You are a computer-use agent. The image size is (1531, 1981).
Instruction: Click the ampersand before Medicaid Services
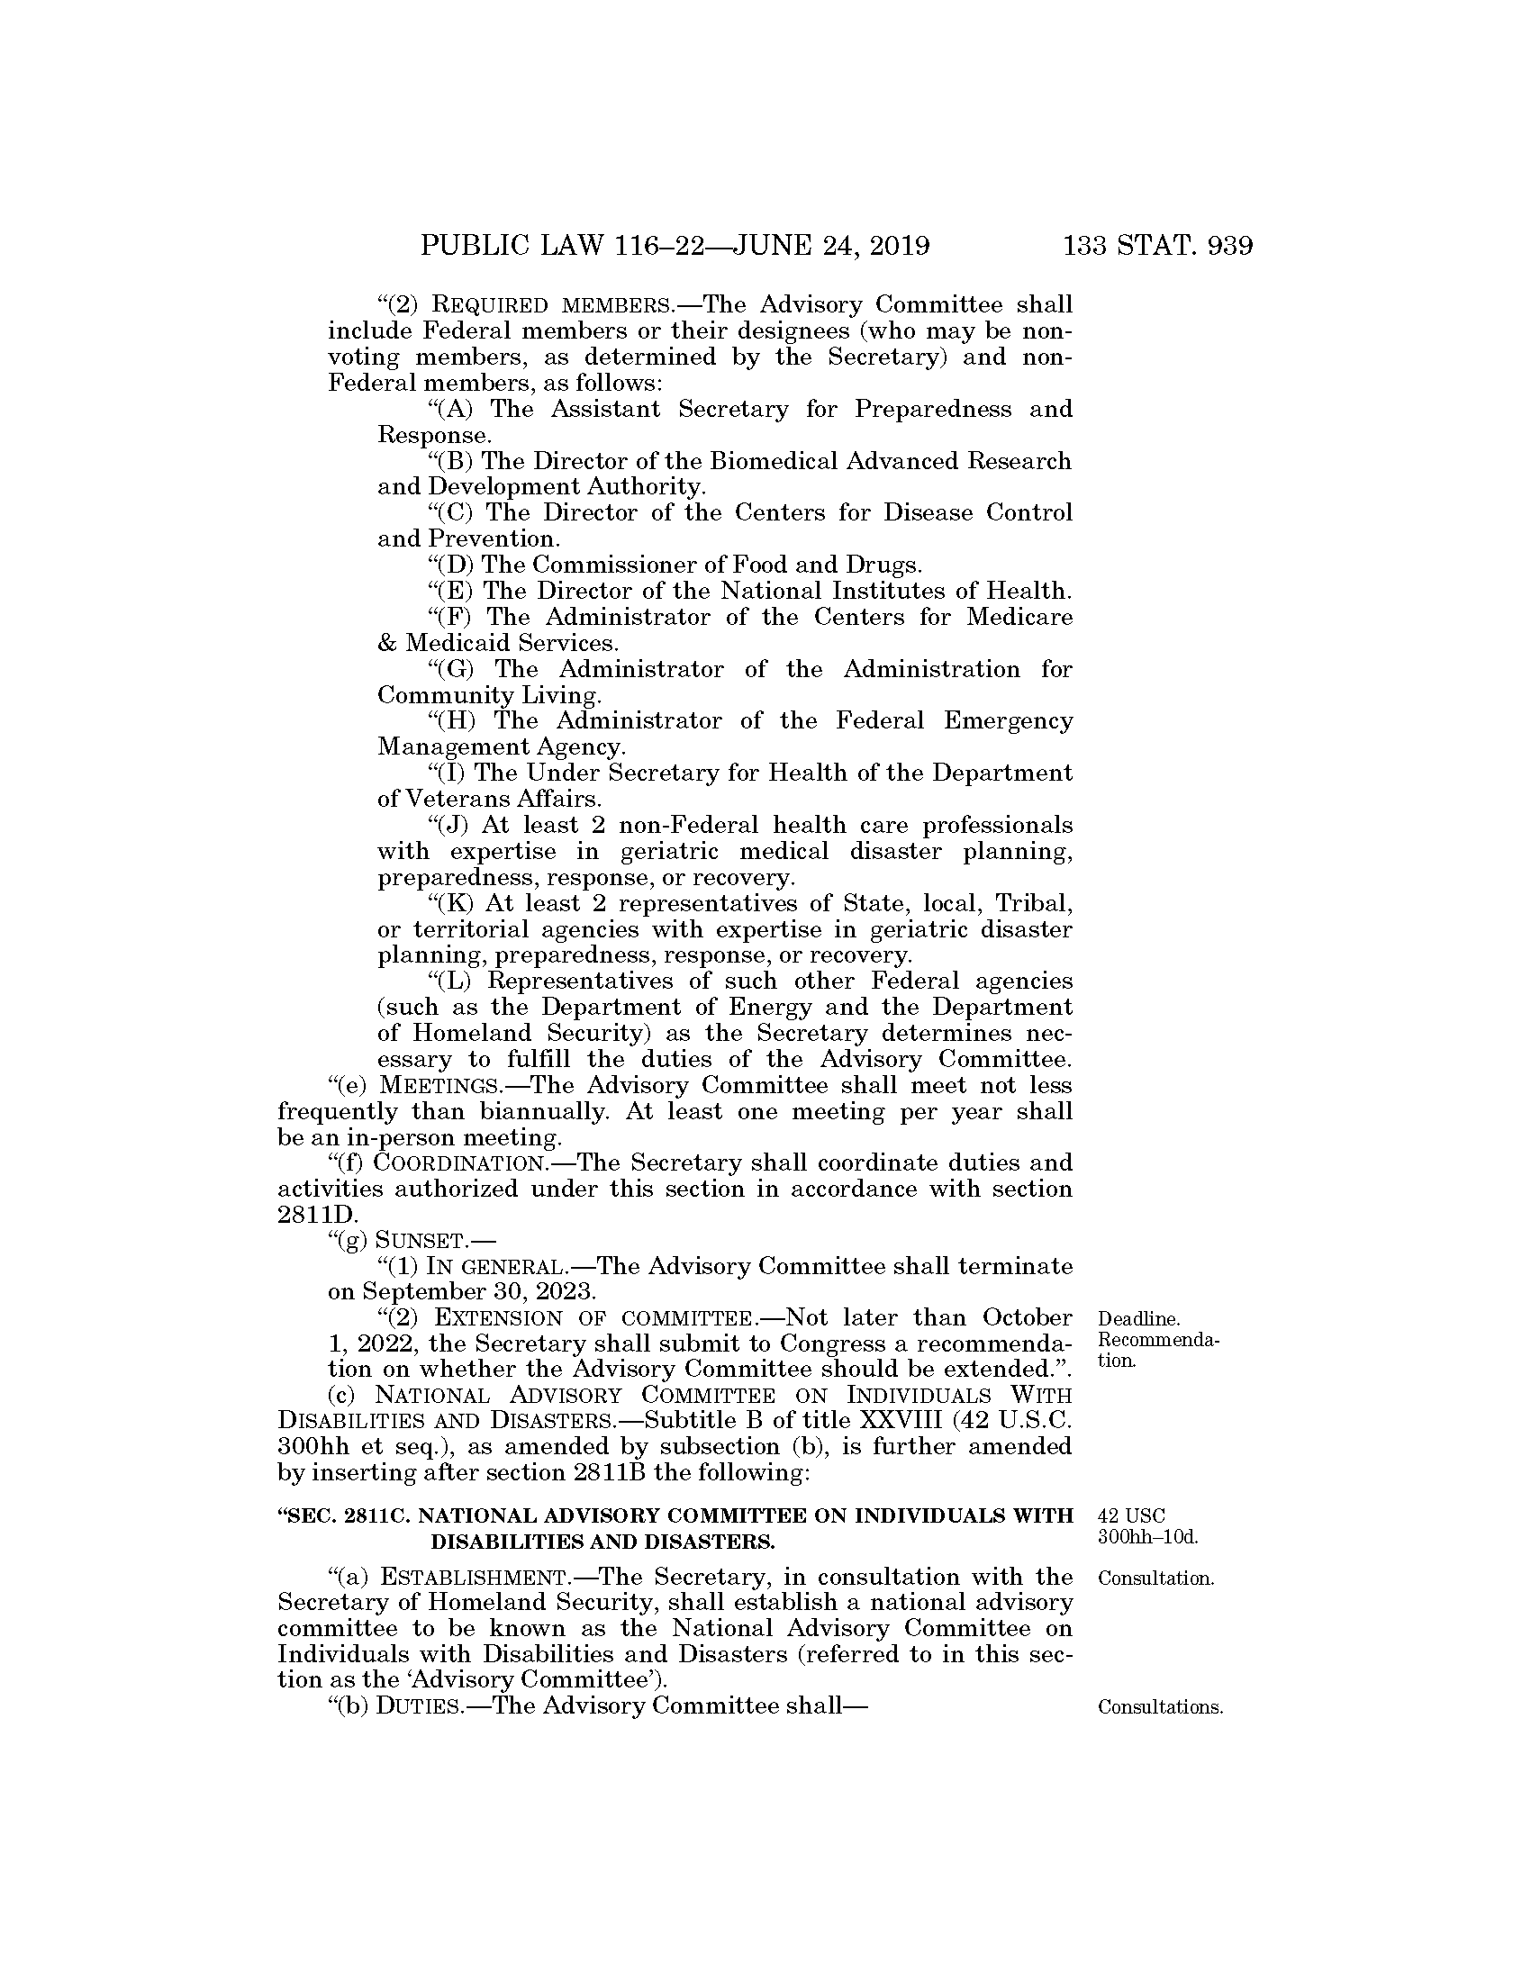[x=387, y=644]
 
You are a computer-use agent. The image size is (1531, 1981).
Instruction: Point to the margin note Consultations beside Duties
[x=1160, y=1707]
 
